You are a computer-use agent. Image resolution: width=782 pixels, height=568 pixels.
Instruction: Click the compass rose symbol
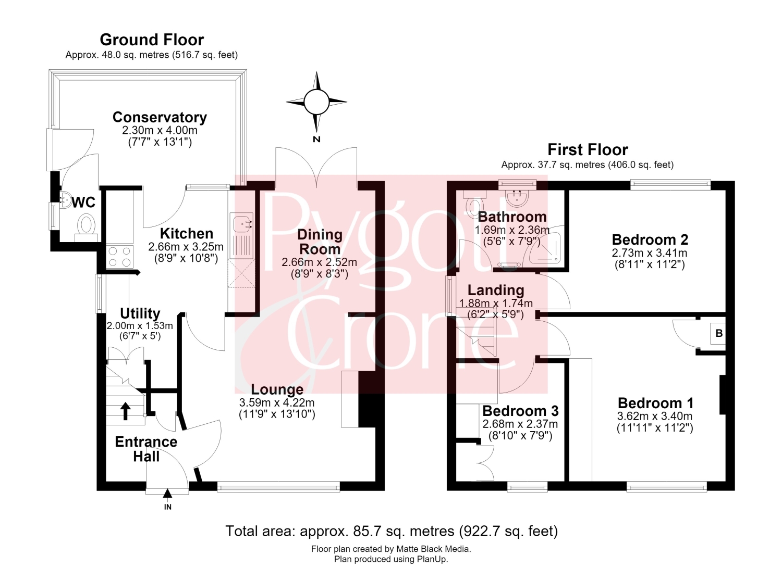316,102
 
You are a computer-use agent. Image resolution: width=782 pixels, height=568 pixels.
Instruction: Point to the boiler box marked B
719,333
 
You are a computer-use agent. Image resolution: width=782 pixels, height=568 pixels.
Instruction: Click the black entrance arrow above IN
167,493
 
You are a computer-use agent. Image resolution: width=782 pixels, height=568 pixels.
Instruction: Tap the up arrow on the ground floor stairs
125,411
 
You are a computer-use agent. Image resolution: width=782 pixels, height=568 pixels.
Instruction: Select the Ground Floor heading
152,40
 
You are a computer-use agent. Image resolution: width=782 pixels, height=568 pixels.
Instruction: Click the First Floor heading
588,149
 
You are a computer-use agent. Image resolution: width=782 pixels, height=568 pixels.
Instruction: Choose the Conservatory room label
160,117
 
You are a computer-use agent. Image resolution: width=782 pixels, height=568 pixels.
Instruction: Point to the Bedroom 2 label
650,239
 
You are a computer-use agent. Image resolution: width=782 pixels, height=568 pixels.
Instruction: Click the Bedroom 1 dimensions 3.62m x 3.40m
655,416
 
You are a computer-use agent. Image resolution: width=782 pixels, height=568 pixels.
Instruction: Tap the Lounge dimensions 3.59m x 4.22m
277,403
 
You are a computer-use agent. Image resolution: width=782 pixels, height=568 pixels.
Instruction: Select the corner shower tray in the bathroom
545,248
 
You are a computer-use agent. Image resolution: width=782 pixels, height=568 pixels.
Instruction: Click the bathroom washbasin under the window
517,197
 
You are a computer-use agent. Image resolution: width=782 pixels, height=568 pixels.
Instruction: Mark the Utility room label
140,313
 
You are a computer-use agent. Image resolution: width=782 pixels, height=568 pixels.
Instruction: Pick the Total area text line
392,531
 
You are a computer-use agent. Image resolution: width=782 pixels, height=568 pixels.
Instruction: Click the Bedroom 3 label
520,411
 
